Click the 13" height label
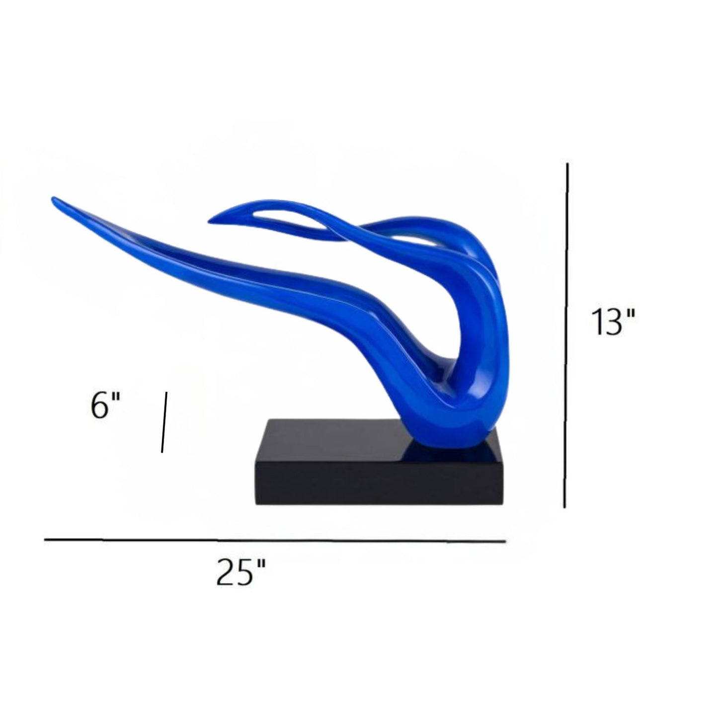click(613, 322)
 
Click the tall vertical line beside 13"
click(566, 335)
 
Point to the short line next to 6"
click(164, 422)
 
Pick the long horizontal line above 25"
click(275, 540)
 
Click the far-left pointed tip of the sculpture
click(53, 199)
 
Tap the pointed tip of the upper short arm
click(209, 223)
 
